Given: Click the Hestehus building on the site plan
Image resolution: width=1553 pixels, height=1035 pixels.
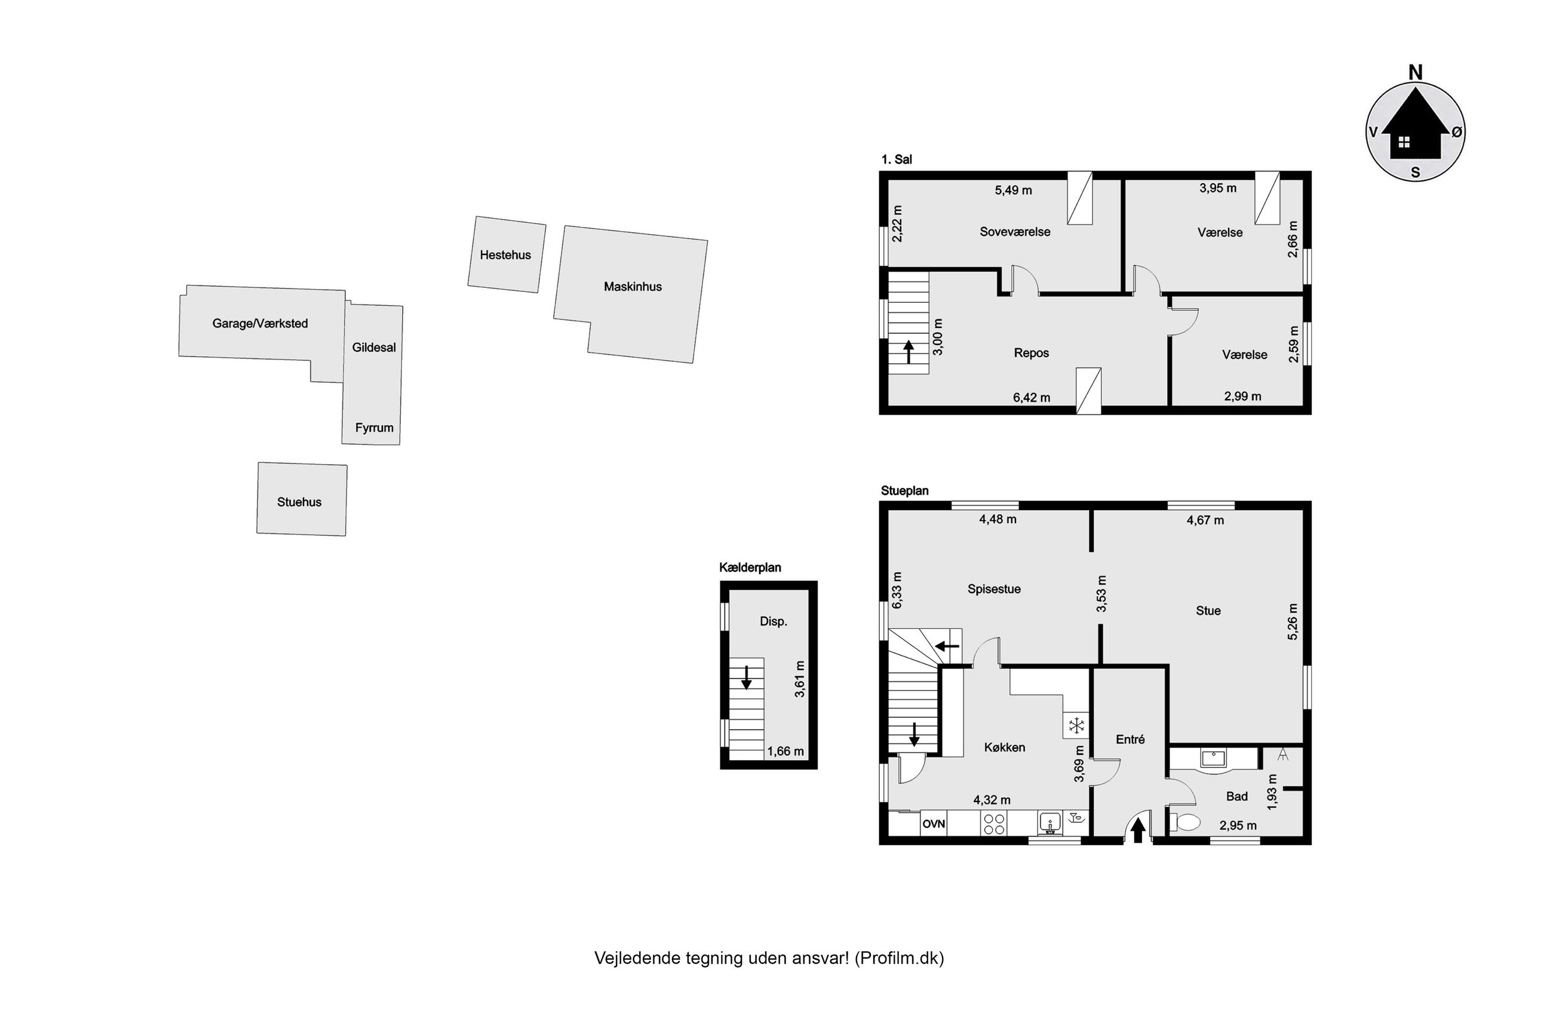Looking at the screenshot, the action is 507,254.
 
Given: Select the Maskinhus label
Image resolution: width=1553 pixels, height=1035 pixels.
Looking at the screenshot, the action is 633,287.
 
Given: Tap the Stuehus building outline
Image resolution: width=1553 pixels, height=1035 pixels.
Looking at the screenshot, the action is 302,499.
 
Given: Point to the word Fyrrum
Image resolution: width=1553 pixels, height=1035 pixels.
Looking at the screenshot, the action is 375,428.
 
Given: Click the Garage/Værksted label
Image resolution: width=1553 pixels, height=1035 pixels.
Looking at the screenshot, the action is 260,324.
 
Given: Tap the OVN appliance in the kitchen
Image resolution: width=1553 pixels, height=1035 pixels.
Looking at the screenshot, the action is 933,824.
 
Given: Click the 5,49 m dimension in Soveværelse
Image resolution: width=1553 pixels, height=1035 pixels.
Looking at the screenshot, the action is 1013,191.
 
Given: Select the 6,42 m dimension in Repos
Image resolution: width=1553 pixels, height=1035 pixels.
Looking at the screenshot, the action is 1032,398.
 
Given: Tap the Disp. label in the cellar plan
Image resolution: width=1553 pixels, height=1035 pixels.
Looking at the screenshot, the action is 774,622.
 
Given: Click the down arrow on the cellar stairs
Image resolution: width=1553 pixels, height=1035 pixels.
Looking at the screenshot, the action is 746,677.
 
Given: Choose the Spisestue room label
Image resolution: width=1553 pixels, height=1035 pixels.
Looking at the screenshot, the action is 994,589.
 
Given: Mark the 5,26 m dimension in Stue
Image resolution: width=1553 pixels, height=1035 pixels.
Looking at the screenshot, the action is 1293,622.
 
